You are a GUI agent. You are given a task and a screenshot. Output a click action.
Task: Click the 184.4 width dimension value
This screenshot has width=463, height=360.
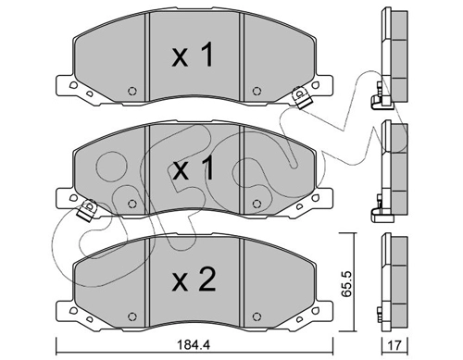coord(194,344)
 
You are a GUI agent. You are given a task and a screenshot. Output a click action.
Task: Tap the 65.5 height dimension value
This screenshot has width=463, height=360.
coord(346,284)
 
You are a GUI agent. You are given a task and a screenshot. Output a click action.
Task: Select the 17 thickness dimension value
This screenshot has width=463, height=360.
coord(394,345)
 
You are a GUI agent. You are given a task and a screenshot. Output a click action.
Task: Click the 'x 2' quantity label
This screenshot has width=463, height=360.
coord(194,279)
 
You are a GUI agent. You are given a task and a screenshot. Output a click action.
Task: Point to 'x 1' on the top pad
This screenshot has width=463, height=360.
coord(193,55)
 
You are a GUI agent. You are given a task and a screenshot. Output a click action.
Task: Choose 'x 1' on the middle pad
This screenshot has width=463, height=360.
coord(193,168)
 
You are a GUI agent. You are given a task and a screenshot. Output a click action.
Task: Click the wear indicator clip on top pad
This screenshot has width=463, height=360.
coord(302,97)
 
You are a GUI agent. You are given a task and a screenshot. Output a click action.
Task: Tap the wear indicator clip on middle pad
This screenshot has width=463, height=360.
coord(87,210)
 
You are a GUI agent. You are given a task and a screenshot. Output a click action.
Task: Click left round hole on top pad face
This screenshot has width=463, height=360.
coord(132,91)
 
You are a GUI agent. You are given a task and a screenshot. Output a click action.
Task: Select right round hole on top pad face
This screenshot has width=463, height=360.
coord(257,91)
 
